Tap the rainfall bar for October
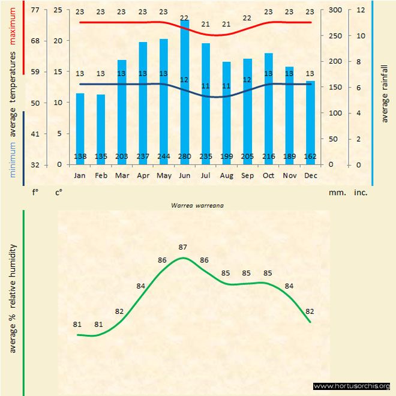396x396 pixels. click(x=269, y=109)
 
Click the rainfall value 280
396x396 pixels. click(x=185, y=157)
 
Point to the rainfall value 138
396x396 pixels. click(x=80, y=157)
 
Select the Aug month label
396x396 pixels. click(x=226, y=176)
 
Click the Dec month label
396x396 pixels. click(x=310, y=176)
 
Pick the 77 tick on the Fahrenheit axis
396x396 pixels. click(x=35, y=10)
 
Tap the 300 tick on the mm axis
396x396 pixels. click(x=335, y=10)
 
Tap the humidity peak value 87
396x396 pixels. click(x=183, y=247)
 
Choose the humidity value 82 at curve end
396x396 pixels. click(x=310, y=311)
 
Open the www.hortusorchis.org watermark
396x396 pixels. click(x=352, y=386)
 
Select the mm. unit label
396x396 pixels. click(x=335, y=193)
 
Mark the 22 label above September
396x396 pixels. click(x=247, y=18)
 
